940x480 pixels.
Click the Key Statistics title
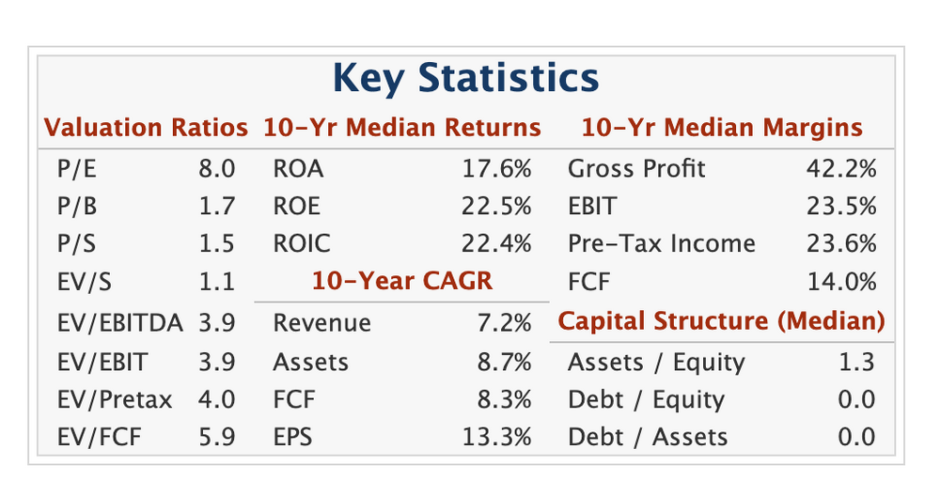466,79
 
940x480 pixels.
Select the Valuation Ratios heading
146,128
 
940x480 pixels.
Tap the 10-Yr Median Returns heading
402,128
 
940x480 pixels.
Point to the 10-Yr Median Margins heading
722,128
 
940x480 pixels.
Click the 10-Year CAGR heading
402,281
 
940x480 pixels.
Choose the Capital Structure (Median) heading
721,321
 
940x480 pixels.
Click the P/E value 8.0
216,169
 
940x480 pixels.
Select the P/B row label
77,207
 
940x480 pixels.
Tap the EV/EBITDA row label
120,323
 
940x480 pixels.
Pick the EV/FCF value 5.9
216,437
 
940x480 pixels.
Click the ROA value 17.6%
496,169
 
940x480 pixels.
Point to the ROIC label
302,243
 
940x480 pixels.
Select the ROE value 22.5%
496,207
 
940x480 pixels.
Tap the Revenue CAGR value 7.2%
504,323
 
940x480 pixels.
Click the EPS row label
292,437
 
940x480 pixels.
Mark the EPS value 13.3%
496,437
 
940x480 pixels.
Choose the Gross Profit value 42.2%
841,169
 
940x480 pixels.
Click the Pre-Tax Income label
662,243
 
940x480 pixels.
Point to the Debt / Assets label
648,437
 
